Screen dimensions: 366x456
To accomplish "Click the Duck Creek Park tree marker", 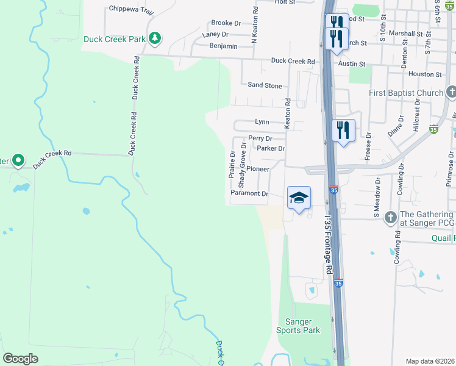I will pyautogui.click(x=155, y=38).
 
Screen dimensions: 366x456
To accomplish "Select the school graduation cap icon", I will pyautogui.click(x=299, y=198).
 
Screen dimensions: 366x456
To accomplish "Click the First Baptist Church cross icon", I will pyautogui.click(x=451, y=93).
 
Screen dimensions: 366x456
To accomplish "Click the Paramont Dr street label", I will pyautogui.click(x=249, y=193).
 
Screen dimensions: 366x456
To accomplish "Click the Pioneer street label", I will pyautogui.click(x=258, y=169).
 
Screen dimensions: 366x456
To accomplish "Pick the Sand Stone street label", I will pyautogui.click(x=265, y=86).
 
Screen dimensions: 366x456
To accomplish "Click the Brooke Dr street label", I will pyautogui.click(x=226, y=23).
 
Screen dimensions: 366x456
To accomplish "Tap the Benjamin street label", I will pyautogui.click(x=223, y=46).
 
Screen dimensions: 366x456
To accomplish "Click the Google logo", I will pyautogui.click(x=21, y=359).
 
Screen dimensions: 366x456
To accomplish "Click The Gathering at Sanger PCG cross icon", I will pyautogui.click(x=390, y=215).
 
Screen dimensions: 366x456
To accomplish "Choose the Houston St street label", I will pyautogui.click(x=425, y=74).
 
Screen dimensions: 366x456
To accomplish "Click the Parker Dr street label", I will pyautogui.click(x=271, y=148).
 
